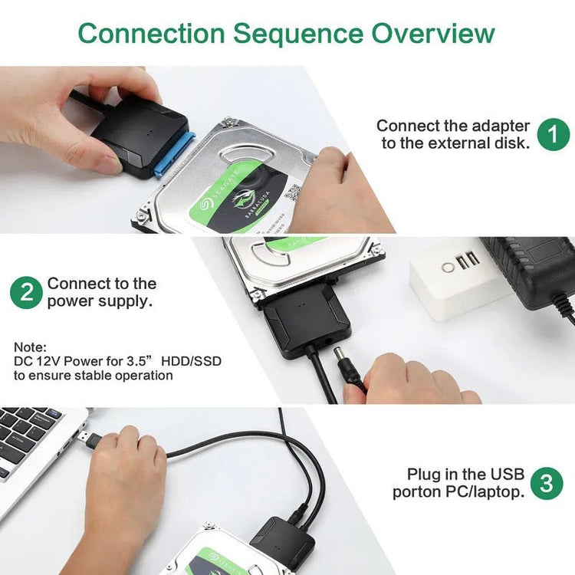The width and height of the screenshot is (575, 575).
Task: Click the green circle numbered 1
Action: [553, 134]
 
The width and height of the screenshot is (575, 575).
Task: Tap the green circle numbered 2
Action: [26, 293]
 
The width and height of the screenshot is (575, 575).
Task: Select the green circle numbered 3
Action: [546, 483]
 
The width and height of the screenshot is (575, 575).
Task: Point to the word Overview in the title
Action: [433, 34]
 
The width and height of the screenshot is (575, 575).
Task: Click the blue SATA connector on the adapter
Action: [175, 154]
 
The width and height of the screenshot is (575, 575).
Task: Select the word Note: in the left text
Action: [30, 347]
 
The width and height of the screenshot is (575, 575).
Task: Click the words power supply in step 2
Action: [99, 301]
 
